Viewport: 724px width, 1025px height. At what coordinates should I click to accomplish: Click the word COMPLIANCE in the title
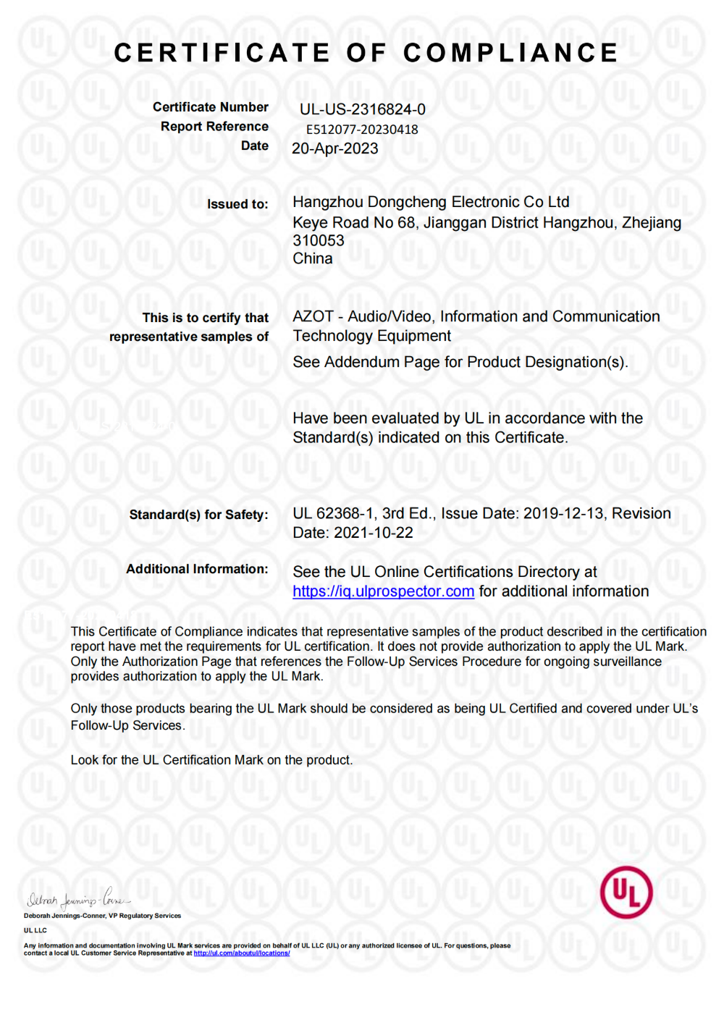pyautogui.click(x=510, y=53)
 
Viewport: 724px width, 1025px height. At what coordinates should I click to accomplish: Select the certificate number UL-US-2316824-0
pyautogui.click(x=363, y=109)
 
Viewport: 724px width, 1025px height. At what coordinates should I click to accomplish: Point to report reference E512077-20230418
pyautogui.click(x=362, y=130)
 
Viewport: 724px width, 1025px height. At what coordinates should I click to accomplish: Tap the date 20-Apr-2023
pyautogui.click(x=334, y=148)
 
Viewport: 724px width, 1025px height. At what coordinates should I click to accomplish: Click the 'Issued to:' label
pyautogui.click(x=237, y=204)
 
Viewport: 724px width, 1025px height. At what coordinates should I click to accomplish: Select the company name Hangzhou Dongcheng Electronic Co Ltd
pyautogui.click(x=431, y=202)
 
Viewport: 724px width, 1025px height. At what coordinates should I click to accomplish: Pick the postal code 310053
pyautogui.click(x=319, y=240)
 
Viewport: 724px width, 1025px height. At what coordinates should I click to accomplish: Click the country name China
pyautogui.click(x=313, y=258)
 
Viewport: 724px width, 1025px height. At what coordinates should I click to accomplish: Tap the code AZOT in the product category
pyautogui.click(x=313, y=316)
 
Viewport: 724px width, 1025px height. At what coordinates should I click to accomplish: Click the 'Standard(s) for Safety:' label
pyautogui.click(x=198, y=515)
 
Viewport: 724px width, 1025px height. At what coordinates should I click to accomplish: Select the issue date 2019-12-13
pyautogui.click(x=563, y=513)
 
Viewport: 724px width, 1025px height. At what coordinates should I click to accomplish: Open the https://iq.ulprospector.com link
pyautogui.click(x=383, y=591)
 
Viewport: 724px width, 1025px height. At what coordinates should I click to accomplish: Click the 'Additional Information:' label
pyautogui.click(x=197, y=569)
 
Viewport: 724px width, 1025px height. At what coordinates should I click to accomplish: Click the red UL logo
pyautogui.click(x=626, y=892)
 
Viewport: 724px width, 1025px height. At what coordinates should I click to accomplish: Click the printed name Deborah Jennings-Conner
pyautogui.click(x=64, y=916)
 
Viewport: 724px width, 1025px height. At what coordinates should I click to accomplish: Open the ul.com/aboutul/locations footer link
pyautogui.click(x=242, y=953)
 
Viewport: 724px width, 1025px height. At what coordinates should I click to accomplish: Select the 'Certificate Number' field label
pyautogui.click(x=210, y=107)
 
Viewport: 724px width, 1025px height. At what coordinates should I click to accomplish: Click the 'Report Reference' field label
pyautogui.click(x=214, y=127)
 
